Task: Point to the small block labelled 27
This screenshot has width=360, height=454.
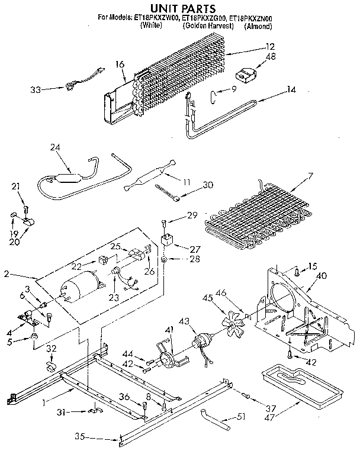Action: click(168, 241)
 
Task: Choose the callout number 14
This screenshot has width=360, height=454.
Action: click(291, 89)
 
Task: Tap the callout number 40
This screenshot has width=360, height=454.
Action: click(322, 275)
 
